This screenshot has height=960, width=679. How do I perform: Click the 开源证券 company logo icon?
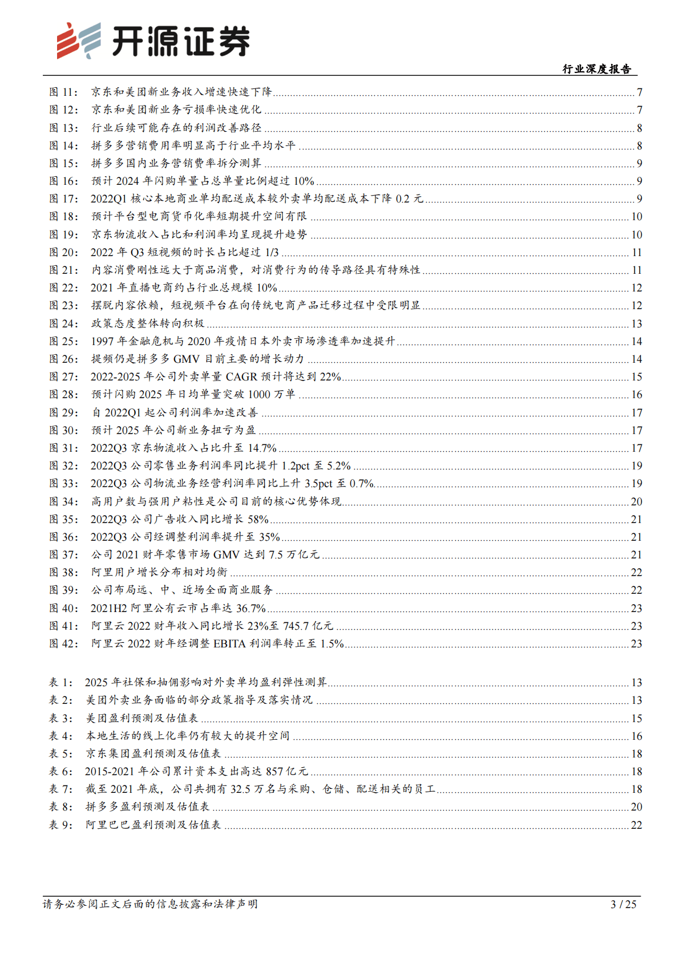coord(79,40)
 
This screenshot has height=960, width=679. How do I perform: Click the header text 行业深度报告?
coord(597,69)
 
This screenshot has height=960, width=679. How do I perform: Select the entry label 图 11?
coord(63,92)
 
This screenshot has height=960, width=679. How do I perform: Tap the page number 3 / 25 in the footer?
coord(623,904)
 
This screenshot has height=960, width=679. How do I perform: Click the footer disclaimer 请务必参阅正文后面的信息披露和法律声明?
coord(150,904)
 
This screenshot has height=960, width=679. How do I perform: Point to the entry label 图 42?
coord(63,643)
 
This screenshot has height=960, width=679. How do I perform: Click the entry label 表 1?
coord(60,682)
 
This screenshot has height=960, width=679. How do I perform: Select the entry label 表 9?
coord(60,825)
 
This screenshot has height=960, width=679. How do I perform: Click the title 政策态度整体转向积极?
coord(148,323)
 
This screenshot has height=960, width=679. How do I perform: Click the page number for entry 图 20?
coord(637,252)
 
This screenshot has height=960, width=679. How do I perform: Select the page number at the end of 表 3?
coord(637,718)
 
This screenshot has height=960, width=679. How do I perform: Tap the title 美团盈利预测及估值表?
coord(142,718)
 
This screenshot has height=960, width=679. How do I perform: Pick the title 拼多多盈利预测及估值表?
coord(148,807)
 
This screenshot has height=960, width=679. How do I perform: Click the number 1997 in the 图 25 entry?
coord(103,341)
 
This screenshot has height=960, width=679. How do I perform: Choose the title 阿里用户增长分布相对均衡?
coord(159,572)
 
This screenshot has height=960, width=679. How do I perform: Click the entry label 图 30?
coord(63,430)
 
